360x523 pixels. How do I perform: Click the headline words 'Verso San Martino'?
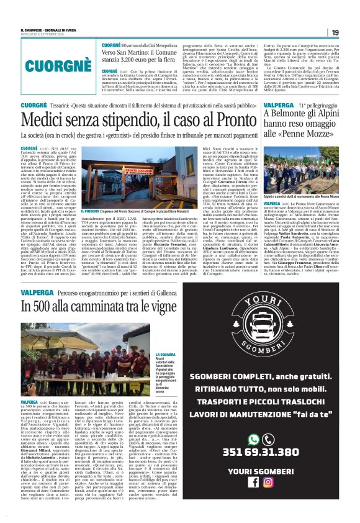128,53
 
